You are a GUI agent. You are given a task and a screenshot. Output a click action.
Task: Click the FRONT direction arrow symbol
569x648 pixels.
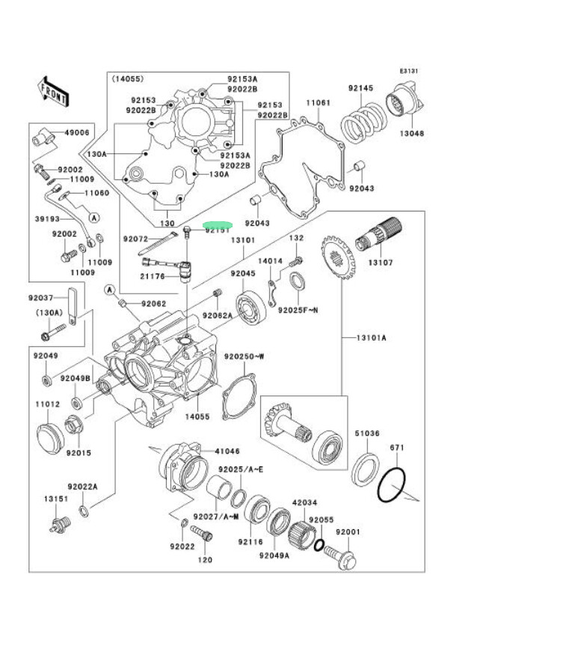pyautogui.click(x=54, y=90)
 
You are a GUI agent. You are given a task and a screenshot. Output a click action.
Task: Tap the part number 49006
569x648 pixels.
pyautogui.click(x=77, y=132)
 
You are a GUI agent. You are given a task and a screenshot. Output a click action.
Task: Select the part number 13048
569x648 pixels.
pyautogui.click(x=411, y=134)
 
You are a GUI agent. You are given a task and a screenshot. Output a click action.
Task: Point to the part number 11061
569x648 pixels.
pyautogui.click(x=317, y=102)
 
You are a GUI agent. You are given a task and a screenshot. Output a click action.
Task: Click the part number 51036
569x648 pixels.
pyautogui.click(x=367, y=433)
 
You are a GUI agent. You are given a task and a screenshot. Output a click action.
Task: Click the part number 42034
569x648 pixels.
pyautogui.click(x=305, y=503)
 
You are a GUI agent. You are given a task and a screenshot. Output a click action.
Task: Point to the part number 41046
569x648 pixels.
pyautogui.click(x=227, y=451)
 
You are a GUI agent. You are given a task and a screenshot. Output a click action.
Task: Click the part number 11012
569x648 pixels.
pyautogui.click(x=48, y=404)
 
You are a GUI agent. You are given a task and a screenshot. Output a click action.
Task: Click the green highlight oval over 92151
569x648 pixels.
pyautogui.click(x=219, y=224)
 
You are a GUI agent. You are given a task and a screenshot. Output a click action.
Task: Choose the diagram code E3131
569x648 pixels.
pyautogui.click(x=408, y=71)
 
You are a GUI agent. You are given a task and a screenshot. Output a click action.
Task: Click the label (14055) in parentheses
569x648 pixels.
pyautogui.click(x=129, y=78)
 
